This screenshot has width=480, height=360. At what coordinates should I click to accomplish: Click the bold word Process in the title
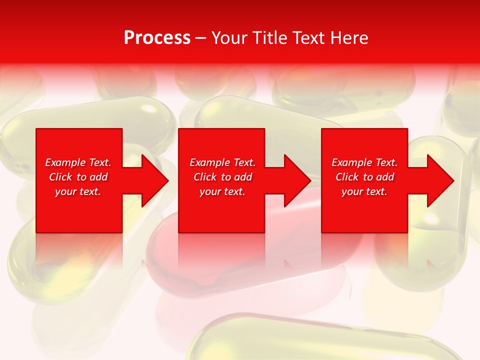tap(157, 38)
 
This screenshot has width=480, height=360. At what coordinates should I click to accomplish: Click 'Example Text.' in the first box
tap(78, 162)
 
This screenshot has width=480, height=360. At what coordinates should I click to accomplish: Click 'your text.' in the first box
tap(78, 191)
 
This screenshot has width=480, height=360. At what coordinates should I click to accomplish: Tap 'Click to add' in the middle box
tap(222, 177)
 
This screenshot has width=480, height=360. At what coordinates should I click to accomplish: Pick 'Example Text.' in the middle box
tap(222, 162)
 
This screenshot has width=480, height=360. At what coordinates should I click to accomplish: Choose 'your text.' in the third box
tap(364, 191)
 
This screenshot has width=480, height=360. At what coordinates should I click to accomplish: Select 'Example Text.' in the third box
tap(364, 162)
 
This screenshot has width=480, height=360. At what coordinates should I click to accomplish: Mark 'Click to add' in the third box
tap(364, 177)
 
